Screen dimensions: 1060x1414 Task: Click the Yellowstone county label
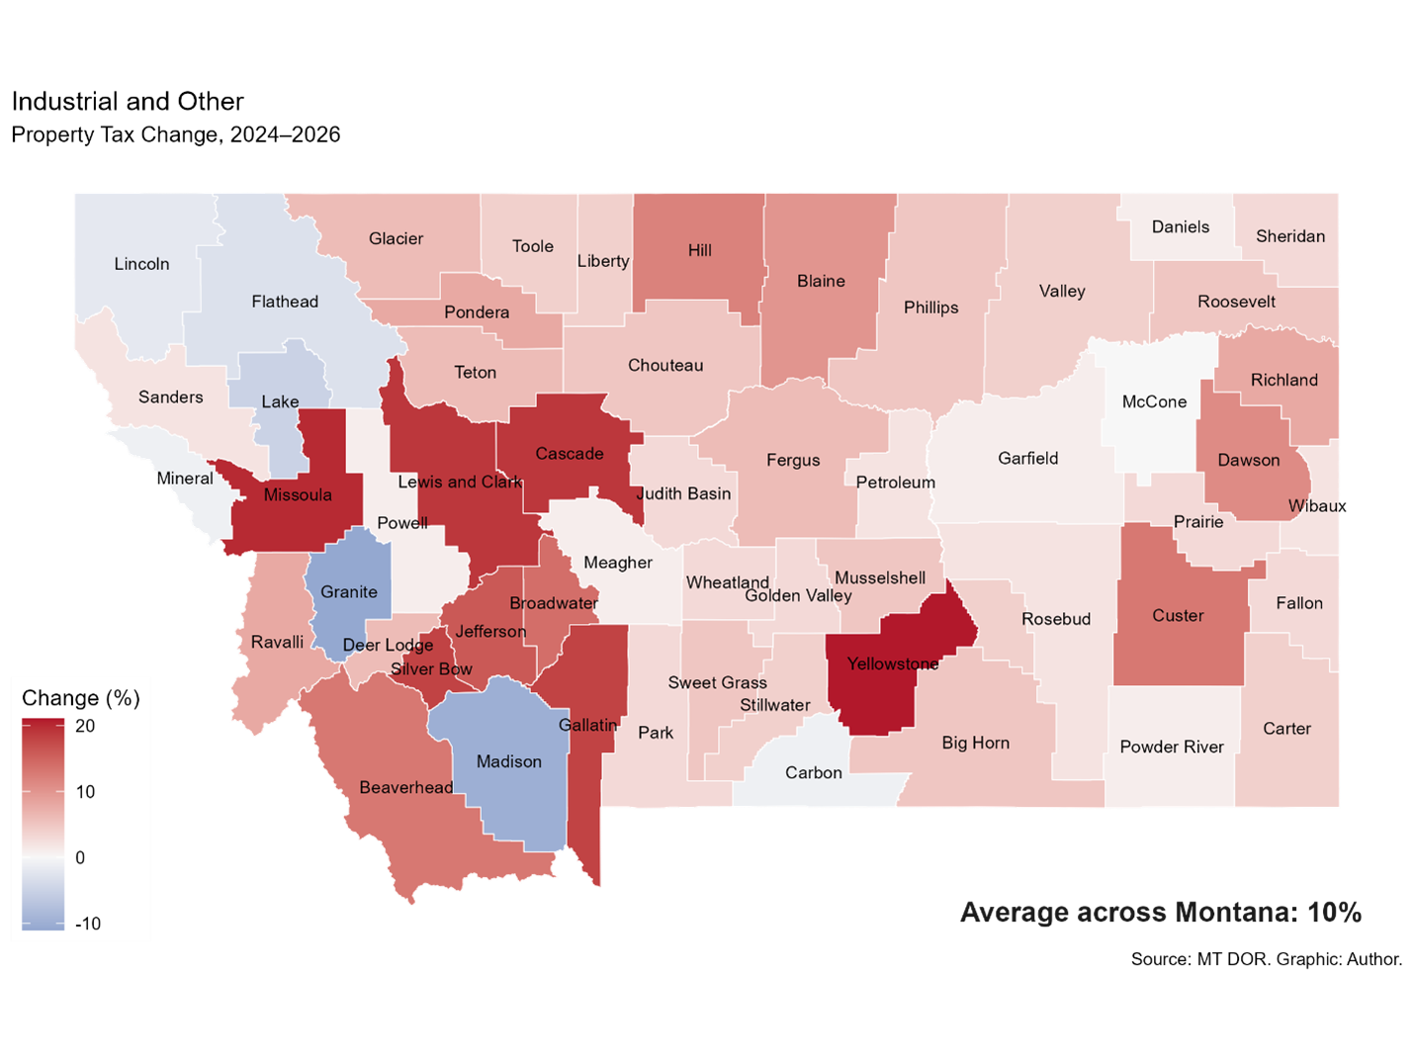893,663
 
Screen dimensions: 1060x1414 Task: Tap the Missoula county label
298,494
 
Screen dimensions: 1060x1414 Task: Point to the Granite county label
349,591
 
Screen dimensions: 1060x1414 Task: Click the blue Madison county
508,781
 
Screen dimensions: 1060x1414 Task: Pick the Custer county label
1178,615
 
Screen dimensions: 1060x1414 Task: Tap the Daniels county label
1181,226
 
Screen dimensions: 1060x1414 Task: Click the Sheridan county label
1290,235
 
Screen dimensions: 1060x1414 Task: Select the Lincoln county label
141,263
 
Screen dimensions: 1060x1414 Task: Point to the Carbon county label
814,772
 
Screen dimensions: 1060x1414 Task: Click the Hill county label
700,250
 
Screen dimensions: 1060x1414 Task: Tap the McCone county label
1154,401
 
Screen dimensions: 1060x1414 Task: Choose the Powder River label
1172,747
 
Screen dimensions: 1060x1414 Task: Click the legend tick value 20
86,726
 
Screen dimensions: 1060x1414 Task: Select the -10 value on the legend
88,924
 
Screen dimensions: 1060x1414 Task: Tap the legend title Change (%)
81,698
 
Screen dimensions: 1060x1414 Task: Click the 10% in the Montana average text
1334,912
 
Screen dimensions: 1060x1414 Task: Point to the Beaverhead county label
405,787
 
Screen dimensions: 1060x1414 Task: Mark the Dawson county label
1249,460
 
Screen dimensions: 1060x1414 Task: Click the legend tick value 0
80,857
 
